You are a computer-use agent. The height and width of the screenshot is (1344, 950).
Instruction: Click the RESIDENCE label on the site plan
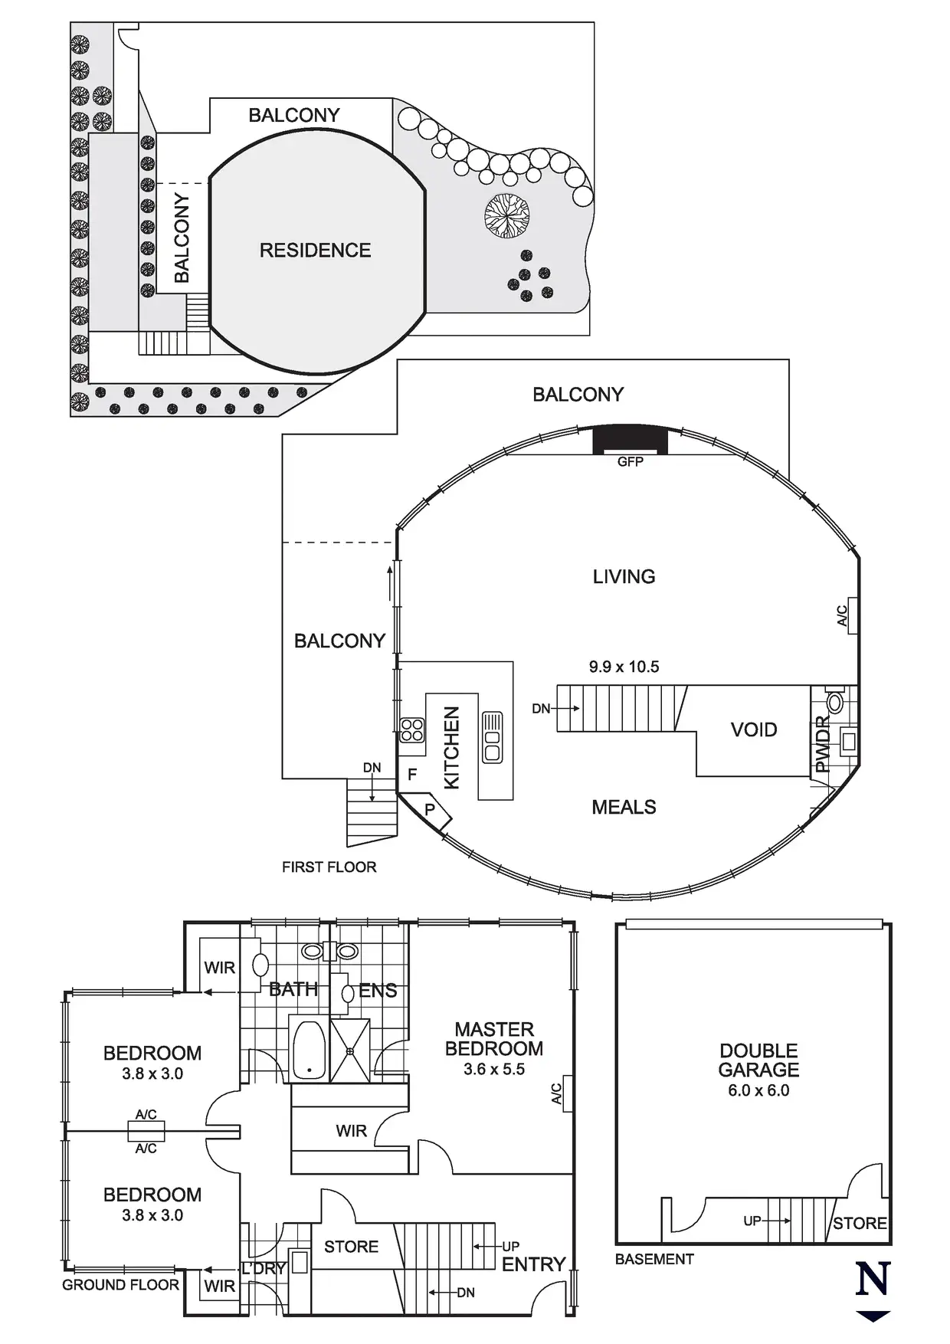[x=315, y=251]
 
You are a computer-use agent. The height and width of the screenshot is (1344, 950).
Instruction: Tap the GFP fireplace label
[x=631, y=462]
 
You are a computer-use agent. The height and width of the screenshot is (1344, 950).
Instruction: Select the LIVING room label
[x=624, y=577]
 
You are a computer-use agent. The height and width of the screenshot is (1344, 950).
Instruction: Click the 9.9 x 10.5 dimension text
[x=624, y=667]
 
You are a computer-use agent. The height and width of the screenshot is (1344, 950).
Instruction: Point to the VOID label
[x=754, y=730]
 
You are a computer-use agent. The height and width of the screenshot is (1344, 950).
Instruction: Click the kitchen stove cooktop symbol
[x=412, y=729]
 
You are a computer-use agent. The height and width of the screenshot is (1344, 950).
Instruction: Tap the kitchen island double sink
[x=492, y=737]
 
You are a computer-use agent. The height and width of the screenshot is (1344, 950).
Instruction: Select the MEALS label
[x=624, y=808]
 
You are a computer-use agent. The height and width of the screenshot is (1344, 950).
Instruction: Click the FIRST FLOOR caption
[x=329, y=867]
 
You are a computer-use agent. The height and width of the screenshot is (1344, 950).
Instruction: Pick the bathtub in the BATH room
[x=310, y=1051]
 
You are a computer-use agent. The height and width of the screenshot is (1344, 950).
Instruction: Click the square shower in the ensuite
[x=350, y=1051]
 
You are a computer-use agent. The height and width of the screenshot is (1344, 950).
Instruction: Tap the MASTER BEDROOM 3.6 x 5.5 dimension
[x=494, y=1070]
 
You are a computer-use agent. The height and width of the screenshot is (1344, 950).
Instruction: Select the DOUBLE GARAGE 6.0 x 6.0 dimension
[x=758, y=1091]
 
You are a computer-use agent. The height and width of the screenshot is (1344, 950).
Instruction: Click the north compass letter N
[x=873, y=1280]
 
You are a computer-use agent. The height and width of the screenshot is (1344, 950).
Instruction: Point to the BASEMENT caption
[x=654, y=1259]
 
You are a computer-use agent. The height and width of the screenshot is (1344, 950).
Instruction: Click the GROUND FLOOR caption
[x=120, y=1285]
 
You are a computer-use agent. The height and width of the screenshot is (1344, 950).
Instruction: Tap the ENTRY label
[x=533, y=1265]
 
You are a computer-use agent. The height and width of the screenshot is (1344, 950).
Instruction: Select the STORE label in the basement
[x=860, y=1224]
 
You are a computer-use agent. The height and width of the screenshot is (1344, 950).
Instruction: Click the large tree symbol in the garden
[x=507, y=215]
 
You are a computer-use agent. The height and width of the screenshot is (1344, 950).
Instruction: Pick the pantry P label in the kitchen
[x=430, y=810]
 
